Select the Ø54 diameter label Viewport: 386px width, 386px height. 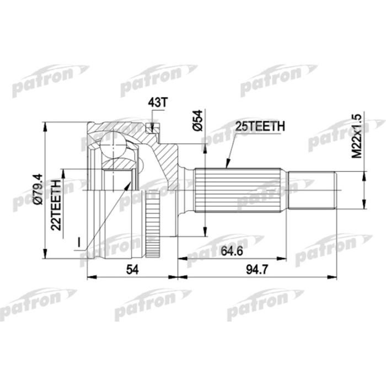tap(200, 120)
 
